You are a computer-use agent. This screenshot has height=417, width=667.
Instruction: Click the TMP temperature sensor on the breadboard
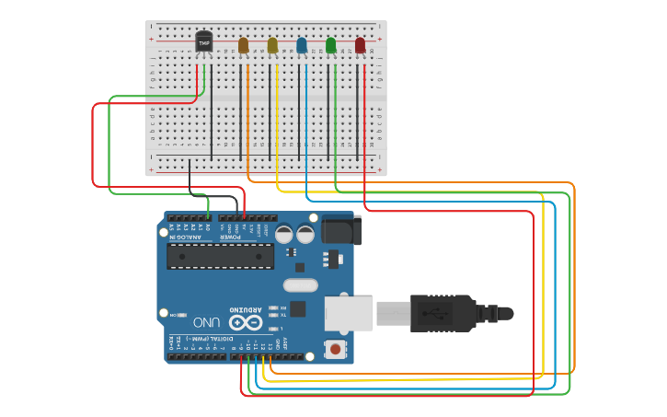tap(204, 42)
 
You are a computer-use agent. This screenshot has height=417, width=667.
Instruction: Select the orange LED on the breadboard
tap(243, 45)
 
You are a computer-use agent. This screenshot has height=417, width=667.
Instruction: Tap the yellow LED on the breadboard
tap(272, 45)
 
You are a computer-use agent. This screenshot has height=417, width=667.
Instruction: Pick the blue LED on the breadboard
tap(302, 45)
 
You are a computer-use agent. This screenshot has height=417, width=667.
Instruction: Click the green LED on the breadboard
tap(331, 45)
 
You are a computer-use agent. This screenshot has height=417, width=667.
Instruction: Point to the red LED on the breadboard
tap(360, 45)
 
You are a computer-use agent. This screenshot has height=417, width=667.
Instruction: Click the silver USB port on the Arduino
tap(349, 313)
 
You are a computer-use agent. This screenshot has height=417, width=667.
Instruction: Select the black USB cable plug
tap(442, 313)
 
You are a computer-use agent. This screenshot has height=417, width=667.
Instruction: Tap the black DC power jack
tap(340, 230)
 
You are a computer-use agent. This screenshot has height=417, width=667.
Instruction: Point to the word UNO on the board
tap(206, 322)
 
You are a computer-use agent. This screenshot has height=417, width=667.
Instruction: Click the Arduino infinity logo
tap(245, 322)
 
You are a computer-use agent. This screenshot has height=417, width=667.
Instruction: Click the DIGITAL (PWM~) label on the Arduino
tap(206, 339)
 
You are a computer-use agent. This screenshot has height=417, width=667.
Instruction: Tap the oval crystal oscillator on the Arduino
tap(300, 285)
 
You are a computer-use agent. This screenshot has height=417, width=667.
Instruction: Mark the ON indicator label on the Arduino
tap(174, 315)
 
